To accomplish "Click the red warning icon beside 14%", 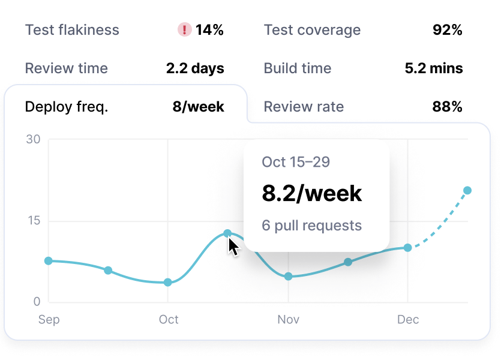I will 185,30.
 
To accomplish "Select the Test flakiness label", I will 72,30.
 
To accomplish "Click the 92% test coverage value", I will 447,30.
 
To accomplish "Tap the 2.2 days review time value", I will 195,68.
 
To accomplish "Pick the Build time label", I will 298,68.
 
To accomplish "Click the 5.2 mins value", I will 434,68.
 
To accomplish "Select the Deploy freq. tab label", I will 67,107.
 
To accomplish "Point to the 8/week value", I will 198,107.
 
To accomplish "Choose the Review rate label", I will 304,107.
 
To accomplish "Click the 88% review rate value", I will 447,107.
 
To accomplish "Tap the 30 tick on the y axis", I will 33,140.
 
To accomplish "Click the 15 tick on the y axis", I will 33,221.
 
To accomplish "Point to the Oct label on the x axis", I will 169,320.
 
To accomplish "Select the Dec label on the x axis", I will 408,320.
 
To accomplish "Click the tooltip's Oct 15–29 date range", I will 296,162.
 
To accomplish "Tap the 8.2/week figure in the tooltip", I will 312,193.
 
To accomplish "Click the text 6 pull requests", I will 312,226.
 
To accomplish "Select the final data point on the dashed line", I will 467,191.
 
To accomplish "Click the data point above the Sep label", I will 49,261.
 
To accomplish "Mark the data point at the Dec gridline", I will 408,248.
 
